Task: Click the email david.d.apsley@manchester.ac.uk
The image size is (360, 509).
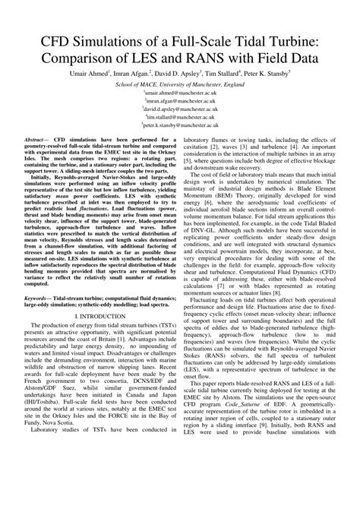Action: click(x=180, y=119)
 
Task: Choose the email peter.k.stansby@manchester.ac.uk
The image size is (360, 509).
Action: click(x=180, y=140)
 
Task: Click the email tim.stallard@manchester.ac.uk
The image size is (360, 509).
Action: click(x=180, y=129)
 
